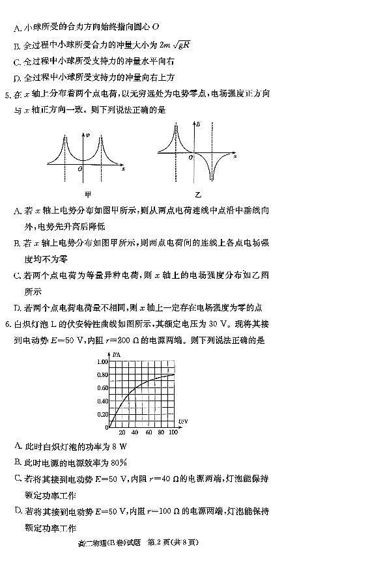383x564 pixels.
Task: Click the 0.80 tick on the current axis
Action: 102,375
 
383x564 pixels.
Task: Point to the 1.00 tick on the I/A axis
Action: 102,361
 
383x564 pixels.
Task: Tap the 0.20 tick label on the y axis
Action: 102,415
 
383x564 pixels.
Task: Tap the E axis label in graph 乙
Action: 197,124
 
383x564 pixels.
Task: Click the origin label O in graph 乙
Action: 190,158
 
